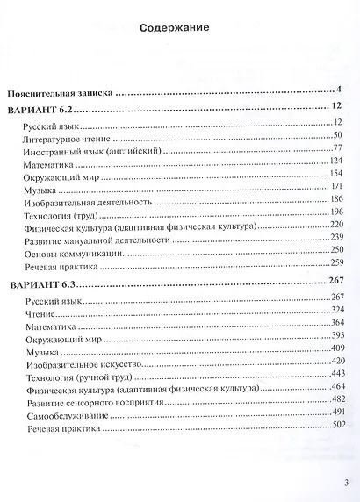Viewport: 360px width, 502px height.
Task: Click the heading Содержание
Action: [x=174, y=29]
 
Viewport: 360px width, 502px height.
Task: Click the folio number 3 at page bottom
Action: [x=348, y=482]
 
